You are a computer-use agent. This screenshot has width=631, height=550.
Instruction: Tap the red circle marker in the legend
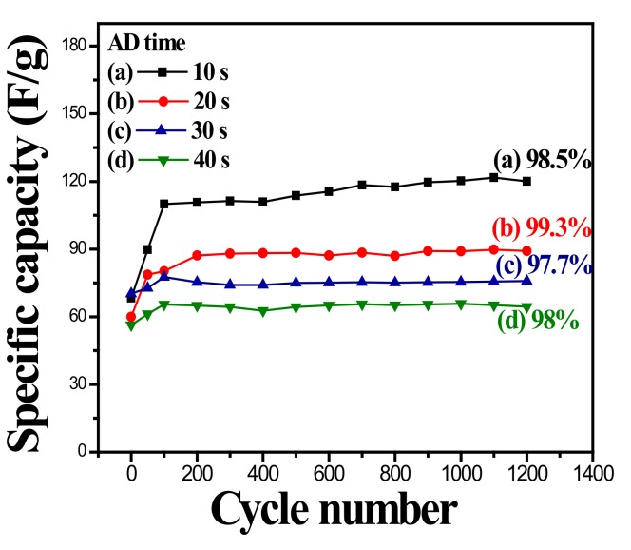click(x=169, y=99)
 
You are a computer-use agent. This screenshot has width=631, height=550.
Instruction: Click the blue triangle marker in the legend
click(x=169, y=128)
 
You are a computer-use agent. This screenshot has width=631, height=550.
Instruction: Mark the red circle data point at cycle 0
click(x=131, y=317)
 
